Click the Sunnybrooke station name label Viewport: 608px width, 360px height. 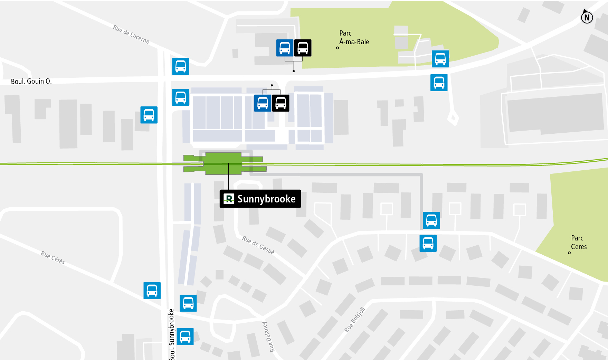[266, 199]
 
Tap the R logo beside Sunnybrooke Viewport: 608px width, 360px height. [229, 199]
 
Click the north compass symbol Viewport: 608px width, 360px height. [587, 17]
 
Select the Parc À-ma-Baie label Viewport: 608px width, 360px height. [354, 37]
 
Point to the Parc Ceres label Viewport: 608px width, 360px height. [579, 242]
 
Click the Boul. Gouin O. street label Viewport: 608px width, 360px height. [31, 82]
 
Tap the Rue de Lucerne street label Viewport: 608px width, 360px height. [131, 34]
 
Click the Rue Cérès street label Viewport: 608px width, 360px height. [53, 258]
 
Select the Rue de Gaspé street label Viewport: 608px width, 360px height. [258, 245]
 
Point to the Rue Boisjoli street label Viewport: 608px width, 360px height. [355, 320]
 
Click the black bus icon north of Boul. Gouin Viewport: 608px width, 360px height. [303, 48]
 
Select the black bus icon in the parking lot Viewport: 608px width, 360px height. [281, 103]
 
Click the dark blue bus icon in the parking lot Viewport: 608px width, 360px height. [263, 103]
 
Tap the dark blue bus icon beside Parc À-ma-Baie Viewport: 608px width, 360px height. [285, 48]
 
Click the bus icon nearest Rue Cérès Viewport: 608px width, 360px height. [152, 291]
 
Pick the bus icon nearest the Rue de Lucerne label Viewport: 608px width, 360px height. [181, 66]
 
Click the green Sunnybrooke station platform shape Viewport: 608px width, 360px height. [223, 163]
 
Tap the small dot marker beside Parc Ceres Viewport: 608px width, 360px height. [569, 253]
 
